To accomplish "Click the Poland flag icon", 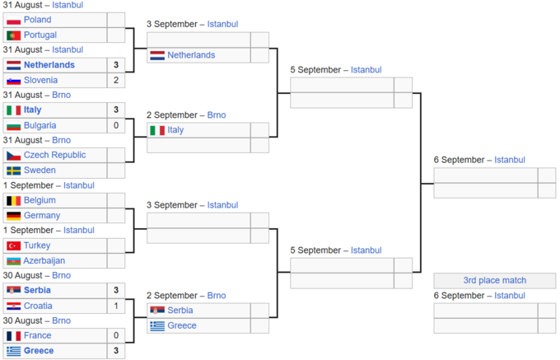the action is [x=13, y=20].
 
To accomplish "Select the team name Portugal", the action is [x=40, y=35].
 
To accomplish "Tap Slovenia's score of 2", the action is [x=116, y=80].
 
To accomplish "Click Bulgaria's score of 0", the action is [x=116, y=125].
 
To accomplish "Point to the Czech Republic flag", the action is [x=13, y=156].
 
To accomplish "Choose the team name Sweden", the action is [x=40, y=170].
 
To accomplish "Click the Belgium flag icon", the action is [x=13, y=201].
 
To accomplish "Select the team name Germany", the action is [x=42, y=215].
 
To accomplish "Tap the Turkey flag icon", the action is [x=13, y=245].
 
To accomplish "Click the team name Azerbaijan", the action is [x=44, y=260].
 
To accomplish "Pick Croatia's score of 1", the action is [x=116, y=306].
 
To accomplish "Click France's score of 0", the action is [x=116, y=335].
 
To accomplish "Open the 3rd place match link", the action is [x=495, y=280].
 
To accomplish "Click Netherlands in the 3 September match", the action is [x=191, y=55].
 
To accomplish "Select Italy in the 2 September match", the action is [x=175, y=130].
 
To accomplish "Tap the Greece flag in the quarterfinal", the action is [x=157, y=325].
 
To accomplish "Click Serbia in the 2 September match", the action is [x=180, y=311].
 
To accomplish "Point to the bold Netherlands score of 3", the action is [x=116, y=65].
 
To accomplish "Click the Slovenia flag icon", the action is [x=13, y=81].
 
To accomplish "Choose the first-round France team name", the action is [x=38, y=335].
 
